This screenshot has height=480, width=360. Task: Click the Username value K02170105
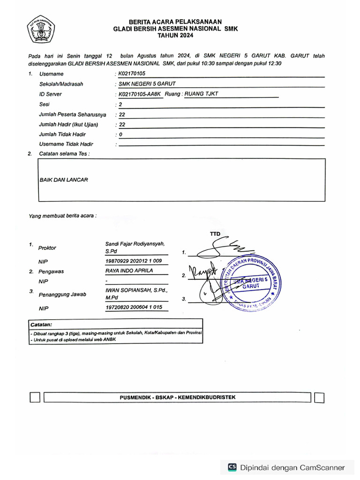click(132, 74)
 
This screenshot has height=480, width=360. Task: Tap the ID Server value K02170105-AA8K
click(140, 94)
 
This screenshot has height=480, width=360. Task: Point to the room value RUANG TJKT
click(202, 94)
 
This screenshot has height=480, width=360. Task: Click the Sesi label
click(45, 104)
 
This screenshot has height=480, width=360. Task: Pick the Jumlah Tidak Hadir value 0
click(120, 135)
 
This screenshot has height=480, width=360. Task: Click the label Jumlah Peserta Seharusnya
click(73, 114)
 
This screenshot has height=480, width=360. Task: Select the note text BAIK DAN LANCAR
click(64, 180)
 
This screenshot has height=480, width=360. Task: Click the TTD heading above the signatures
click(215, 234)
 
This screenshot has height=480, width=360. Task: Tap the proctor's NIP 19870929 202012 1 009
click(134, 261)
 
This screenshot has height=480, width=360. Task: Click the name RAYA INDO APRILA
click(129, 270)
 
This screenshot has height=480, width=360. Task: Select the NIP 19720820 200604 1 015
click(134, 307)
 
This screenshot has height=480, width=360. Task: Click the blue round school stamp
click(254, 284)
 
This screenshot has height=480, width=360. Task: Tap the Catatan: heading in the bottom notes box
click(41, 324)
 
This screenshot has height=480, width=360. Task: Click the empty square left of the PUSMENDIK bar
click(35, 398)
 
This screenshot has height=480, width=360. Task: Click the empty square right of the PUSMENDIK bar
click(319, 398)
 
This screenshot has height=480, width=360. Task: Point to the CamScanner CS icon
click(232, 467)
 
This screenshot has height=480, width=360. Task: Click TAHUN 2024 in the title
click(176, 35)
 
